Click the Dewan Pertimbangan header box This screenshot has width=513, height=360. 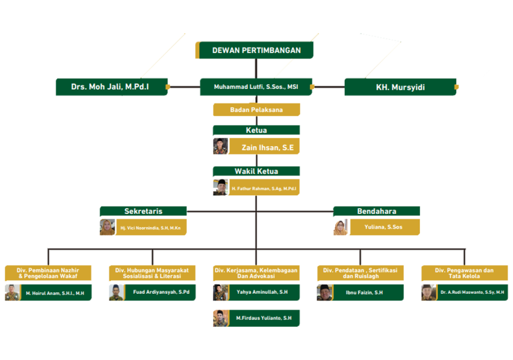click(x=255, y=50)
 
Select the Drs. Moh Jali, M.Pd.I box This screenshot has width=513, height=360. click(x=111, y=87)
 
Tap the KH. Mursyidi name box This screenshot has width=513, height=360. click(x=400, y=87)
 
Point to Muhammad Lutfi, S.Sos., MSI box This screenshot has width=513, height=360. click(x=256, y=87)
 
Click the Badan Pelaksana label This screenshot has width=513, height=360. click(x=256, y=110)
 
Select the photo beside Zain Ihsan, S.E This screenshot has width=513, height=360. click(x=220, y=146)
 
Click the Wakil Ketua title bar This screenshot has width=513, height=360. click(x=256, y=171)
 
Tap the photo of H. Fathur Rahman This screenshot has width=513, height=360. click(x=220, y=187)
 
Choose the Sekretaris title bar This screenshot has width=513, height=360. click(x=143, y=211)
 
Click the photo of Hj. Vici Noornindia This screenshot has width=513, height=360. click(x=107, y=227)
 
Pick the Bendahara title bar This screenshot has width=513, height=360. click(x=377, y=211)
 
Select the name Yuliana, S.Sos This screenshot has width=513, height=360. click(x=383, y=227)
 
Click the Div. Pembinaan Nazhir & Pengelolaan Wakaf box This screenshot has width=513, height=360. click(x=49, y=273)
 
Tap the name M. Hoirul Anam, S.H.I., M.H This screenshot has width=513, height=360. click(x=55, y=293)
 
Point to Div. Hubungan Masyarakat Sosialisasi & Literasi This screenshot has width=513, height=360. click(x=152, y=273)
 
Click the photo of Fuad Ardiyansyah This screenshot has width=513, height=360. click(x=116, y=292)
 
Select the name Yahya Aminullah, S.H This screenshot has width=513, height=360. click(x=262, y=292)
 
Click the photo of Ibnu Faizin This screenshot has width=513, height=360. click(x=325, y=292)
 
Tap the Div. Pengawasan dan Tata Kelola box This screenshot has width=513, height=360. click(x=464, y=273)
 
